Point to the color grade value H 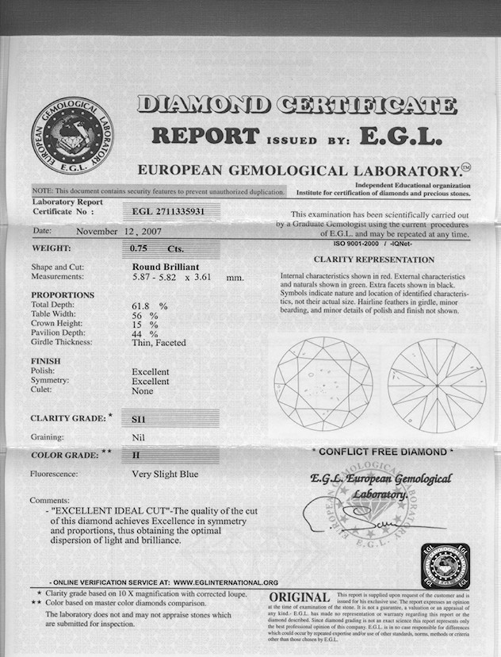point(136,455)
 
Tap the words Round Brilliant point(165,267)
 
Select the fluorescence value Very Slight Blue point(165,474)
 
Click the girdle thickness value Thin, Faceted point(159,343)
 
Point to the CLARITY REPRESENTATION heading point(374,259)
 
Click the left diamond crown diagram point(323,385)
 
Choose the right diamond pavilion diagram point(436,385)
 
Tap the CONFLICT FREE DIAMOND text point(382,451)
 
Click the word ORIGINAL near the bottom point(300,597)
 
